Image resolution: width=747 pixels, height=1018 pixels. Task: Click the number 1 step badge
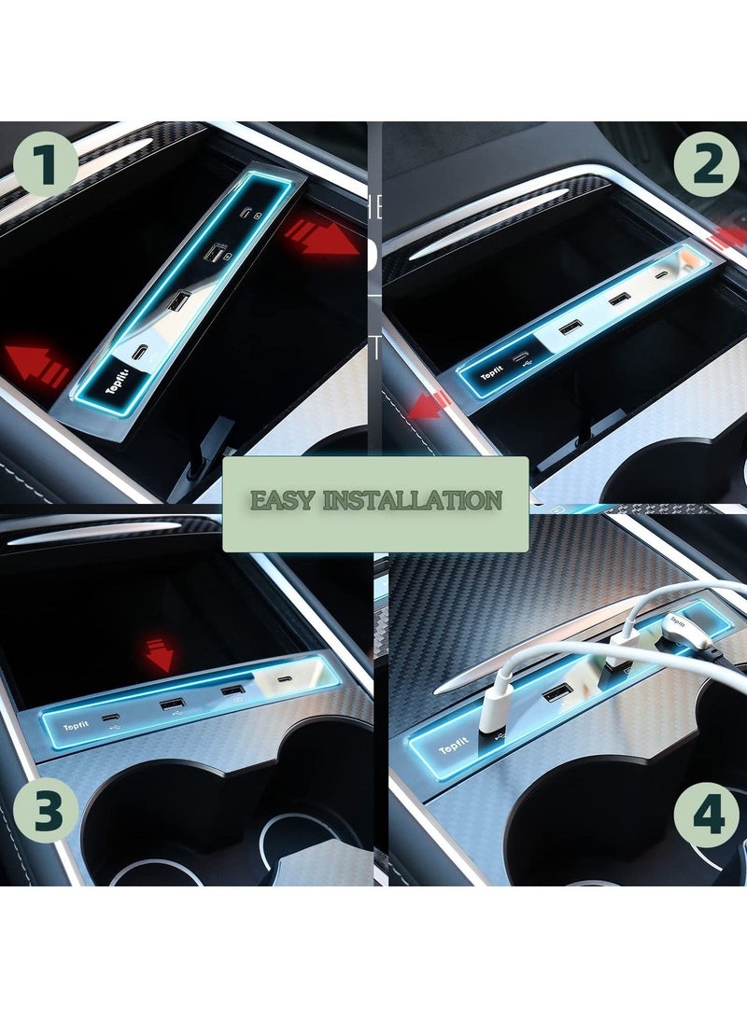coord(46,164)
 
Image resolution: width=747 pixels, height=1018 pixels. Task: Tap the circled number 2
coord(707,164)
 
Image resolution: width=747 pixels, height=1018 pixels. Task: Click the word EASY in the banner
coord(280,500)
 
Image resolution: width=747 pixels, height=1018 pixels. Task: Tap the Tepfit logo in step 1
coord(116,385)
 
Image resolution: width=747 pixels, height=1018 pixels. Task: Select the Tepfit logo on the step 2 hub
coord(492,375)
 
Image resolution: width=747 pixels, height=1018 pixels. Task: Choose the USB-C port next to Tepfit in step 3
coord(114,716)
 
